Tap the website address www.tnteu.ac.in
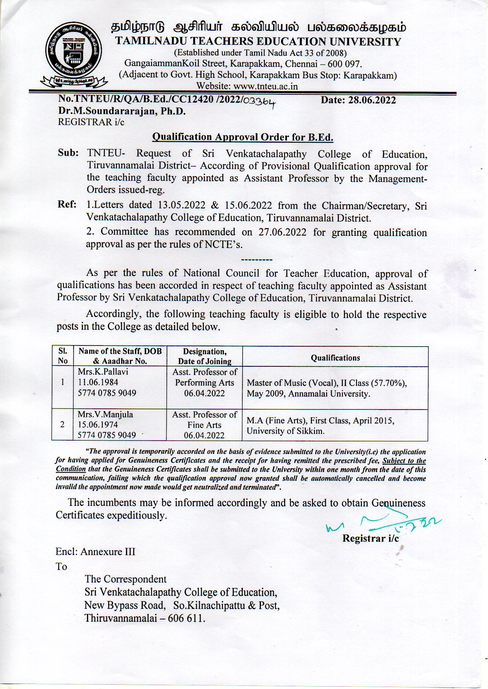(266, 86)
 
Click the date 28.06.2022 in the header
(358, 100)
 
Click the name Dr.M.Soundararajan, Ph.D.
(122, 111)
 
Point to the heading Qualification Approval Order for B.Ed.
(243, 137)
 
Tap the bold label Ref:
(67, 205)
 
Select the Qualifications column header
(335, 358)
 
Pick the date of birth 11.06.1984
(98, 382)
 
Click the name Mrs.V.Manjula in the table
(105, 414)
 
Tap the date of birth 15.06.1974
(98, 425)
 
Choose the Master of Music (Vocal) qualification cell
(327, 388)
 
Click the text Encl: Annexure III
(95, 551)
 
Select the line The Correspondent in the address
(126, 579)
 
